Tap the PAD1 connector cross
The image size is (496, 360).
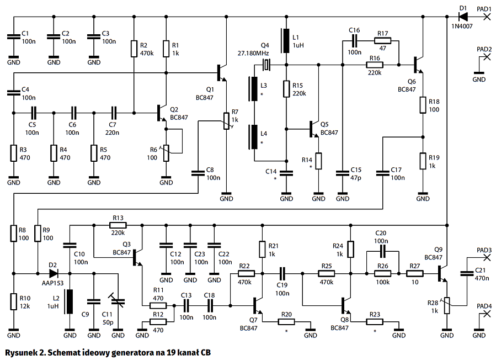487,17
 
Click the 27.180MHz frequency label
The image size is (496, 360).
253,52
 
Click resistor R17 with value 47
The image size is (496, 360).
382,40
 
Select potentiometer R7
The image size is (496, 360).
226,120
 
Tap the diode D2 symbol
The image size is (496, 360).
54,273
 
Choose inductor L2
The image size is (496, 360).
70,301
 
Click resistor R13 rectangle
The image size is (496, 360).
118,225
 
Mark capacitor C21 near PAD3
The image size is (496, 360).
467,272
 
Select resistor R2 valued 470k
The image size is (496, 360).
134,49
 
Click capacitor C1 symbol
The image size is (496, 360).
13,37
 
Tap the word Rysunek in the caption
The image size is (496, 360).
23,352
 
